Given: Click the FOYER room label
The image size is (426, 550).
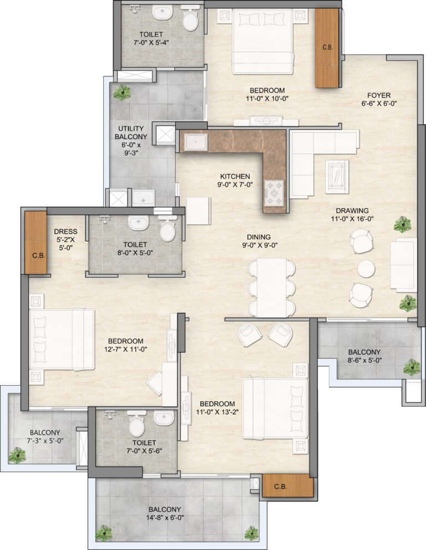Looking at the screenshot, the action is [379, 95].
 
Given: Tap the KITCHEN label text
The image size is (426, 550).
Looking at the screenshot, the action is [235, 176].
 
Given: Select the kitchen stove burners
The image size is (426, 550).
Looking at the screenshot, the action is [274, 193].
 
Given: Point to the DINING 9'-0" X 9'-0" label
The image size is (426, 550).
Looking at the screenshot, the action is [260, 241].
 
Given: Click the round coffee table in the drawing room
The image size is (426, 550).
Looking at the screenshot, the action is [366, 268].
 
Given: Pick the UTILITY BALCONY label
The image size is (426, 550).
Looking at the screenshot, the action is [131, 133].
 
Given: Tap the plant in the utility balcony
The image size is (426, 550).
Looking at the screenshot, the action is [121, 93].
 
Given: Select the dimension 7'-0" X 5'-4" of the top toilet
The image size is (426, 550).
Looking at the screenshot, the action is [151, 43].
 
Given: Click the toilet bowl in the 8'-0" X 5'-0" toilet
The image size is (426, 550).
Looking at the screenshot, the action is [168, 230].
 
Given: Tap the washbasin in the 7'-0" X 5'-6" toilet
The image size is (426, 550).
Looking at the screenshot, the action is [164, 417].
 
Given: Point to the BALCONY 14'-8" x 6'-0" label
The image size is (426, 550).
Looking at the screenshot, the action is [165, 513].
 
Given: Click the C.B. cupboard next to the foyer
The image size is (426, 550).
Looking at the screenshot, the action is [327, 48].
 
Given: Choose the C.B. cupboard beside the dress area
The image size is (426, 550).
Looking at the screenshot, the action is [35, 243].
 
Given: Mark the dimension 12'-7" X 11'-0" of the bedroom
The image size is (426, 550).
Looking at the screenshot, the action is [125, 349].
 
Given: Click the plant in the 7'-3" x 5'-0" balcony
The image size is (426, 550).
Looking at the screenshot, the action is [17, 455].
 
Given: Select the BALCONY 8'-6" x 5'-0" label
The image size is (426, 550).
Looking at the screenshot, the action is [364, 356].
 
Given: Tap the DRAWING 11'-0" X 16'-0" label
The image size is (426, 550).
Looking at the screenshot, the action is [352, 215].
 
